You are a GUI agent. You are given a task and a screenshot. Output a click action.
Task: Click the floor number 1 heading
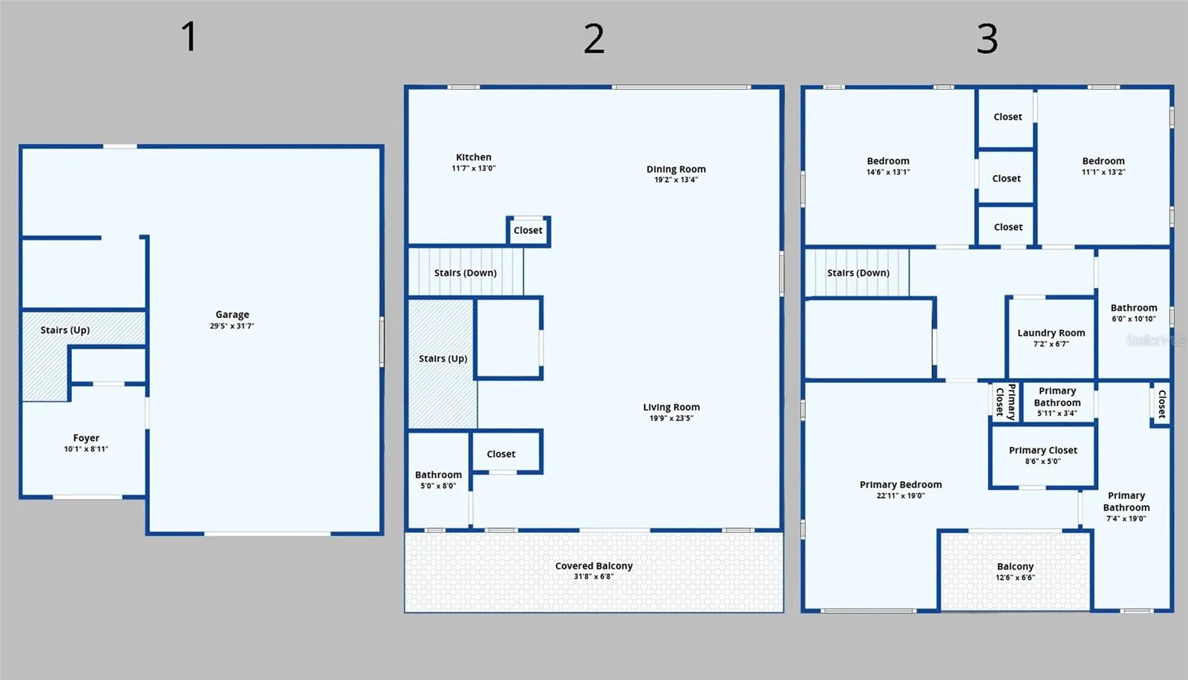(189, 36)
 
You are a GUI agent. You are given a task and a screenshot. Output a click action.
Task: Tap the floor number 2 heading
(594, 39)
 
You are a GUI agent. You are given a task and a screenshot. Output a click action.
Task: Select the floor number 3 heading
(987, 39)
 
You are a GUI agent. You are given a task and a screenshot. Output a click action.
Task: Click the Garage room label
(232, 315)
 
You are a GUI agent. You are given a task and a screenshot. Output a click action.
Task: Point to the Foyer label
(86, 437)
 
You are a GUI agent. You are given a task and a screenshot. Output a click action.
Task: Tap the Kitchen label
(474, 157)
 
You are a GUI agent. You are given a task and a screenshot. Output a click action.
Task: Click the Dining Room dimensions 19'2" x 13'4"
(676, 180)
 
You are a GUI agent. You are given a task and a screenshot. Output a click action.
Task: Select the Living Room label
(671, 407)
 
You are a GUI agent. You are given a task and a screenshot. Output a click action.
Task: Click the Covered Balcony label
(594, 566)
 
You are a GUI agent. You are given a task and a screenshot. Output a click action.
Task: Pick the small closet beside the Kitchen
(528, 230)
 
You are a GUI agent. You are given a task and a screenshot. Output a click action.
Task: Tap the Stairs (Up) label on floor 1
(65, 330)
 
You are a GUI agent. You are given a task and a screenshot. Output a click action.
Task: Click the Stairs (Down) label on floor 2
(465, 272)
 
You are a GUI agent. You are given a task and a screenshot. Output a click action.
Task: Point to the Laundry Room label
(1051, 333)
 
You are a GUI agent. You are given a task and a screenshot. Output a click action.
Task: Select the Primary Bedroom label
(901, 484)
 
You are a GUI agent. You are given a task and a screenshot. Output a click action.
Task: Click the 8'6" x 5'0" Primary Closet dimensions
(1042, 462)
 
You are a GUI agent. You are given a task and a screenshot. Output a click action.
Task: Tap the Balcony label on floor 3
(1015, 566)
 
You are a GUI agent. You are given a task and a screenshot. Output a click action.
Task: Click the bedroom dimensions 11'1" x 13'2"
(1103, 172)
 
